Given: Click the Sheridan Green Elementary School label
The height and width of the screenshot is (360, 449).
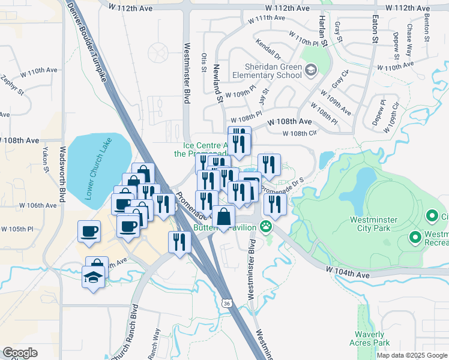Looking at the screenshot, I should pyautogui.click(x=273, y=71).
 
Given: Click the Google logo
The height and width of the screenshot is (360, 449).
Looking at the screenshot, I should pyautogui.click(x=20, y=353).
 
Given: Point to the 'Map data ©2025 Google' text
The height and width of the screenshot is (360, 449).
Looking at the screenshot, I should pyautogui.click(x=411, y=355).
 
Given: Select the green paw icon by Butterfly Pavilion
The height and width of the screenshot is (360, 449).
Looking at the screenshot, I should pyautogui.click(x=265, y=227).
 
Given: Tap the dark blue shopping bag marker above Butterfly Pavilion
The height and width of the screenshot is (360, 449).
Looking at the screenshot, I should pyautogui.click(x=223, y=218).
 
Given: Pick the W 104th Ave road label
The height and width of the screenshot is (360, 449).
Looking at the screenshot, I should pyautogui.click(x=348, y=273).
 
